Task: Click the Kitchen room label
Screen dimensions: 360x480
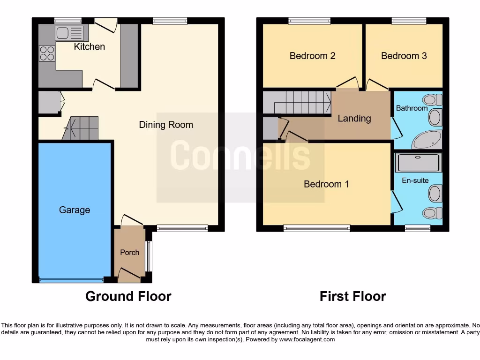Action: coord(90,47)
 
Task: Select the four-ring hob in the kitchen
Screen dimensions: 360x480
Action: coord(47,53)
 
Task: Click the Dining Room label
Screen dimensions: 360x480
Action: coord(166,125)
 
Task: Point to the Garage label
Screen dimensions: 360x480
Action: coord(75,210)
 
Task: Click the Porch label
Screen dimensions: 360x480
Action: coord(129,252)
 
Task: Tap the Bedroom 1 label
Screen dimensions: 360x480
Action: coord(326,184)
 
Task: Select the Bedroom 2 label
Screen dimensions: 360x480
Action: coord(312,56)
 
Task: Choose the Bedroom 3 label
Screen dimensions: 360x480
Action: coord(404,56)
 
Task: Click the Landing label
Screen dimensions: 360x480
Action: coord(354,119)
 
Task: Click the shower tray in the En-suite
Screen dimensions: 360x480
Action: coord(419,163)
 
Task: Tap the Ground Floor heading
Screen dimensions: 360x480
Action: coord(128,296)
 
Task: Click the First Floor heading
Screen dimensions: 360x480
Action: coord(352,296)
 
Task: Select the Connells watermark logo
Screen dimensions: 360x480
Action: coord(240,157)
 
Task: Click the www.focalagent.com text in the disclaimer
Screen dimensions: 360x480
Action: coord(307,339)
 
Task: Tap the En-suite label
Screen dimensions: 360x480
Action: coord(415,180)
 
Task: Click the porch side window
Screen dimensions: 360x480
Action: coord(149,256)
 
